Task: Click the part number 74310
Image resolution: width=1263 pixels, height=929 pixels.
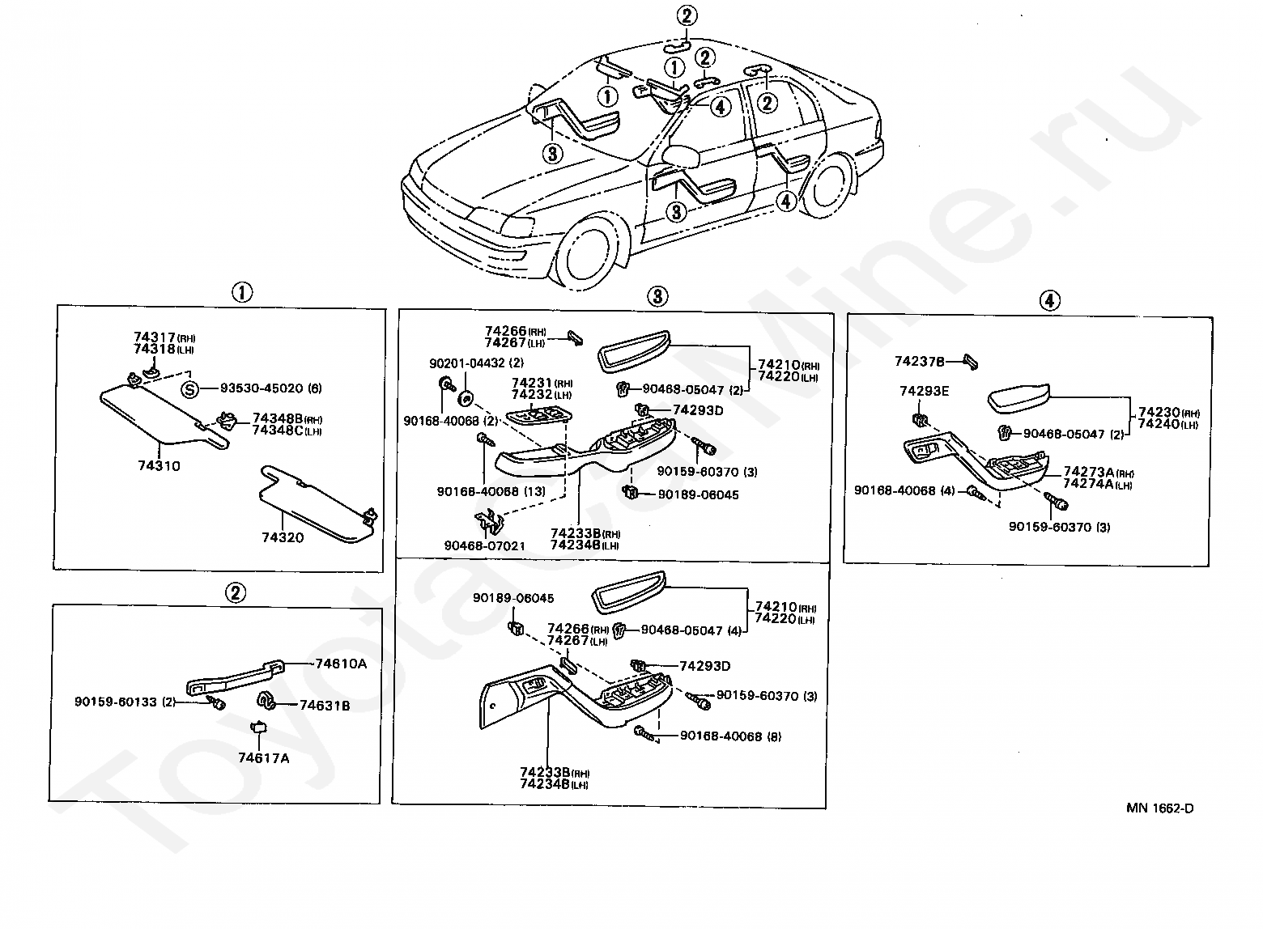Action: click(x=159, y=466)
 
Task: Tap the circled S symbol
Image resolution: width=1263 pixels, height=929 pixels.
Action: click(x=189, y=389)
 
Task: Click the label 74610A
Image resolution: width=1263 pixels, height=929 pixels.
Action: click(x=341, y=664)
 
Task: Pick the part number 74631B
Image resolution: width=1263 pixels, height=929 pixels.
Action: click(x=324, y=706)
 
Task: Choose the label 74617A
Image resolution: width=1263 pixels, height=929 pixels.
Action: click(x=264, y=758)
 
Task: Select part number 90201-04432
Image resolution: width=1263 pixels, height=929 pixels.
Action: click(x=467, y=363)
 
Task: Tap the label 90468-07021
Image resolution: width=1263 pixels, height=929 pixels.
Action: click(x=484, y=545)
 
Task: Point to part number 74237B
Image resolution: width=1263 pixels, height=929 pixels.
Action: click(x=920, y=361)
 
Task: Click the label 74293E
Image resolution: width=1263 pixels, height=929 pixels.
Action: click(x=925, y=392)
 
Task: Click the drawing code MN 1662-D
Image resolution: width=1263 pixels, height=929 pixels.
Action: click(x=1159, y=808)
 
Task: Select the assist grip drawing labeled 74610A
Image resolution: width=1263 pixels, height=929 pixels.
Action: click(x=235, y=675)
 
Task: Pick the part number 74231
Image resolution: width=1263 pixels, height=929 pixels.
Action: click(x=531, y=383)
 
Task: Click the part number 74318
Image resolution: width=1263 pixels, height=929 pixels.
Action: click(x=154, y=349)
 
